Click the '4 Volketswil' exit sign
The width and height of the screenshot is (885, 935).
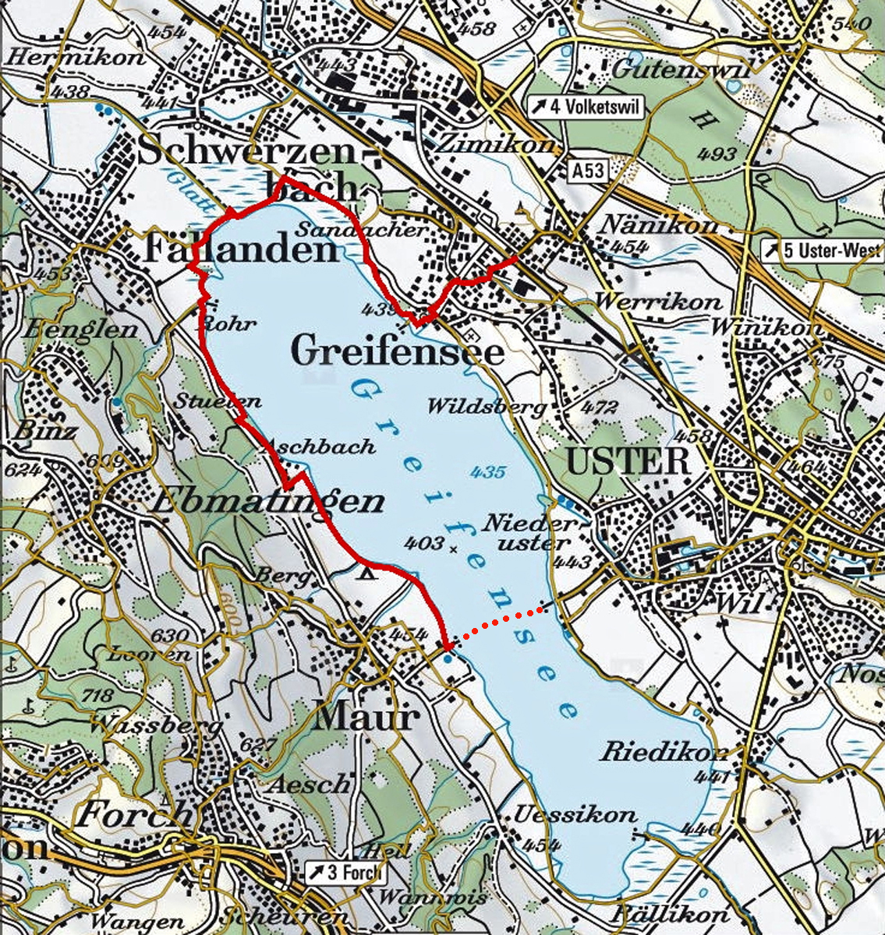tap(587, 108)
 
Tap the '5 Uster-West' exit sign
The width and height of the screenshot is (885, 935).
tap(823, 251)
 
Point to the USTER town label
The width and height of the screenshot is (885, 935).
tap(628, 462)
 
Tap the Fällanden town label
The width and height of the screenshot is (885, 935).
tap(242, 249)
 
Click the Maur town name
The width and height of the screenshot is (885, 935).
tap(366, 718)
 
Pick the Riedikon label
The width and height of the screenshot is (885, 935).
tap(664, 752)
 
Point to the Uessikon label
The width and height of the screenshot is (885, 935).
tap(575, 815)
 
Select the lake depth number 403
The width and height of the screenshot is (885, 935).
tap(425, 543)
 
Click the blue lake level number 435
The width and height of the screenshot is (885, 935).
tap(488, 471)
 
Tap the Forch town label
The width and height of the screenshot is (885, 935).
tap(133, 815)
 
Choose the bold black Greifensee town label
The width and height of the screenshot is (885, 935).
tap(397, 352)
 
